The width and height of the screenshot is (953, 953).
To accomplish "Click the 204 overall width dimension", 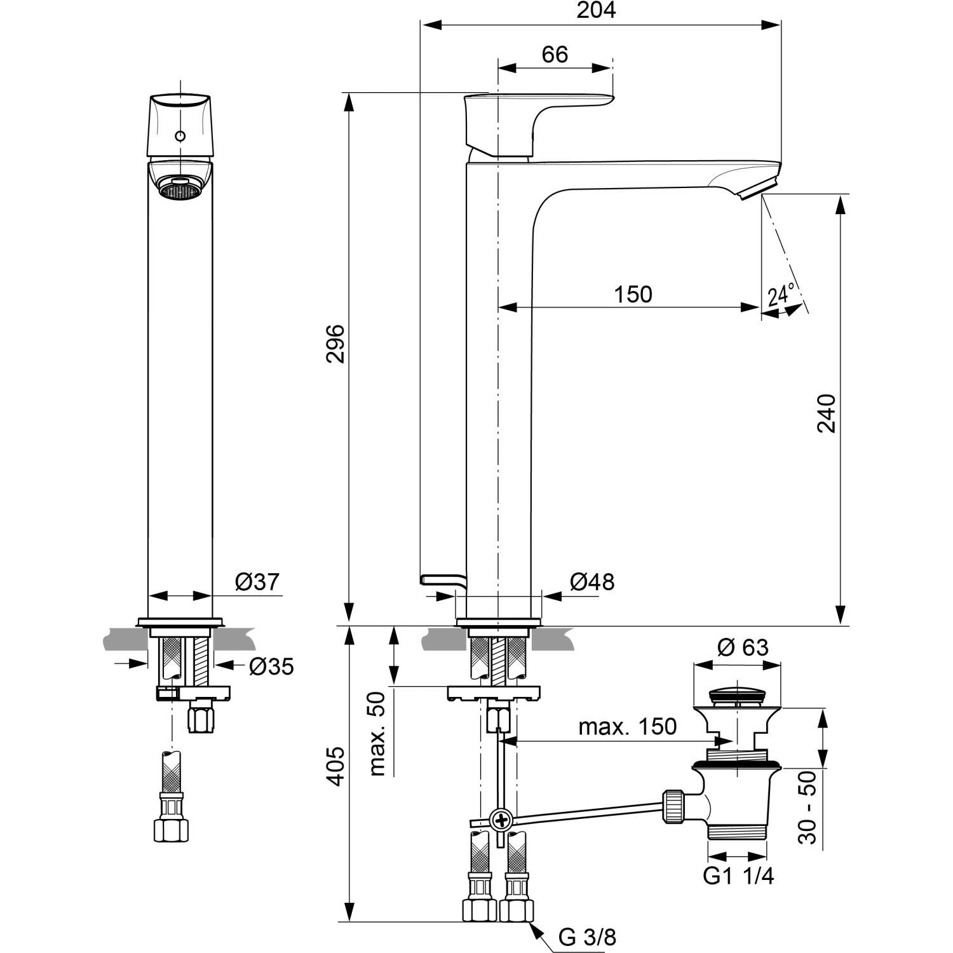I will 597,11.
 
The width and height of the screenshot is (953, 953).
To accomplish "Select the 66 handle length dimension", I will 555,55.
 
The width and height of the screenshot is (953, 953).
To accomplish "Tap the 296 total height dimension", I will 335,344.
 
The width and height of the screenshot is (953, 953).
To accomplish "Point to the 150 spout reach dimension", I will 633,294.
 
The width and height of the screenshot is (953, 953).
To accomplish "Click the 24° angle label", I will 781,295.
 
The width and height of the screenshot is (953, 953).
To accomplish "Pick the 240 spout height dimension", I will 826,414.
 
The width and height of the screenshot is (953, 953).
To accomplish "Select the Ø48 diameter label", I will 591,581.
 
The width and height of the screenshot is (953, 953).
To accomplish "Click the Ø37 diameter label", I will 257,581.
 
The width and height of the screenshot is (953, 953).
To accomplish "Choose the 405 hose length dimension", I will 335,766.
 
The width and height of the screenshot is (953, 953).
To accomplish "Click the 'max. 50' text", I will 378,733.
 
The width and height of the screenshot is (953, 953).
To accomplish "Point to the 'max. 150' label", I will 627,726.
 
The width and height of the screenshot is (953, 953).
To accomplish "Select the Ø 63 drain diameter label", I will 742,647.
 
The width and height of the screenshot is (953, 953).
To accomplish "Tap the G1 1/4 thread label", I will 738,876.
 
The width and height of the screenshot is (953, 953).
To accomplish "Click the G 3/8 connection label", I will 587,936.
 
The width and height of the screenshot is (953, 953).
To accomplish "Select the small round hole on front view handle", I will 180,136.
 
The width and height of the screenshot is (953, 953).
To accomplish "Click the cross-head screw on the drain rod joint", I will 502,820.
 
